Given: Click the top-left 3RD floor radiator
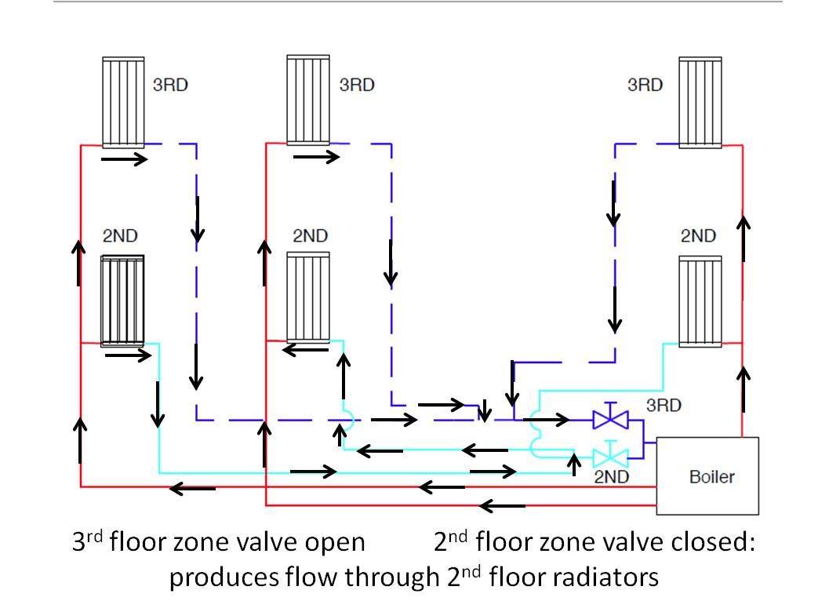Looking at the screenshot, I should (123, 102).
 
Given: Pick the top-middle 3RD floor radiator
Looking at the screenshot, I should (308, 100).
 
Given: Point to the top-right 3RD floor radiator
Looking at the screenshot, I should (700, 102).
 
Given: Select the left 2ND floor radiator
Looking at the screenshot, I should (122, 300).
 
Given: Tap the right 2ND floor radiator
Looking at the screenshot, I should (700, 300).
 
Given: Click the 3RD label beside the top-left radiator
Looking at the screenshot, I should (170, 85).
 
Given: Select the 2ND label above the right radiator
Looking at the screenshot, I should (697, 235).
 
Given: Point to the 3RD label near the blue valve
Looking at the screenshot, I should (664, 406).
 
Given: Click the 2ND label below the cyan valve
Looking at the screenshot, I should (613, 475).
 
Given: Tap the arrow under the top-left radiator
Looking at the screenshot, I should (125, 159).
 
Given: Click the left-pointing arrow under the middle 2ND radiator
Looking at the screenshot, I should (304, 350).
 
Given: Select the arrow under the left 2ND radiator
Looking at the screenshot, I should (128, 355).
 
